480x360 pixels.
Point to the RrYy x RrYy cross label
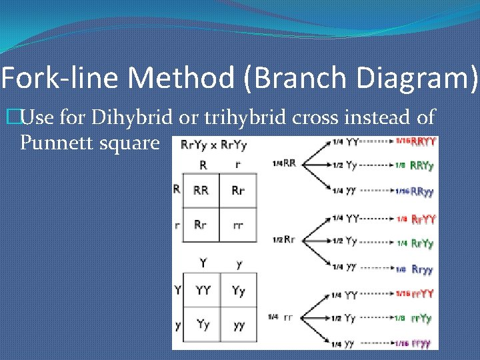pyautogui.click(x=213, y=145)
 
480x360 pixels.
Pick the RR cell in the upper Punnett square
pyautogui.click(x=201, y=191)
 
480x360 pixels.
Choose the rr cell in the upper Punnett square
pyautogui.click(x=238, y=225)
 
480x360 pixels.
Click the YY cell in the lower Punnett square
pyautogui.click(x=203, y=290)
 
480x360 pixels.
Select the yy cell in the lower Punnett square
pyautogui.click(x=239, y=325)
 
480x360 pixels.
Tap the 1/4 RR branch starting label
pyautogui.click(x=284, y=163)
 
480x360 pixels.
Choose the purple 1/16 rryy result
pyautogui.click(x=415, y=343)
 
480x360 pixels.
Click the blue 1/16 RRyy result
pyautogui.click(x=415, y=191)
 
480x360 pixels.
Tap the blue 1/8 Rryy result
pyautogui.click(x=415, y=269)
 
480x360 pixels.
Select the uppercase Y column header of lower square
pyautogui.click(x=203, y=264)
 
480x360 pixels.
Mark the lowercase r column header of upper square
pyautogui.click(x=238, y=164)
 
